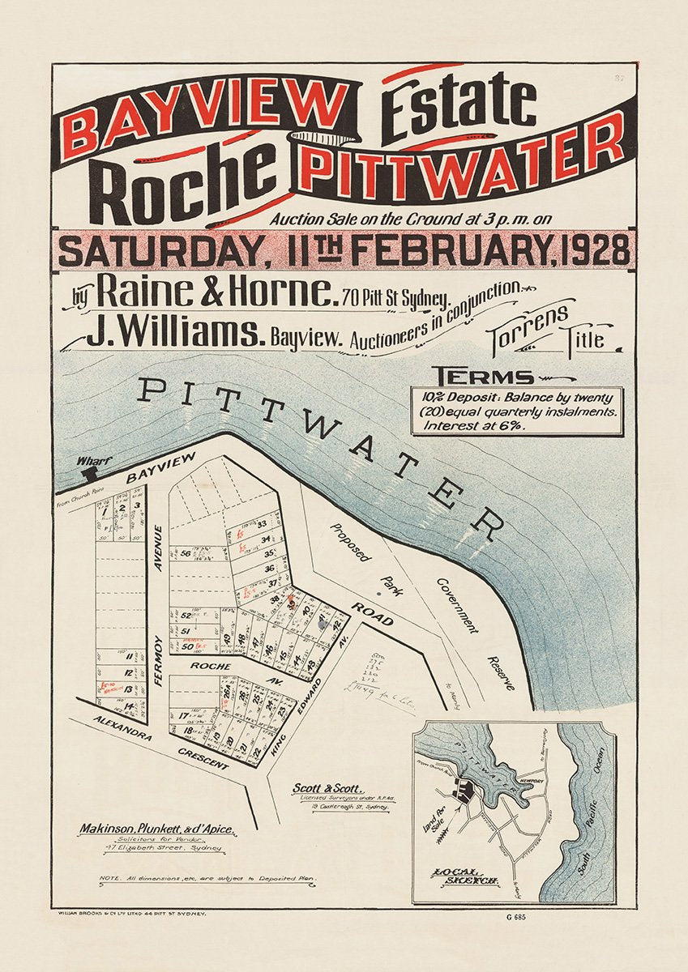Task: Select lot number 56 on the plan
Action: pyautogui.click(x=186, y=554)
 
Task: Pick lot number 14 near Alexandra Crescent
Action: pyautogui.click(x=129, y=706)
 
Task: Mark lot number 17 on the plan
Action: pyautogui.click(x=184, y=715)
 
